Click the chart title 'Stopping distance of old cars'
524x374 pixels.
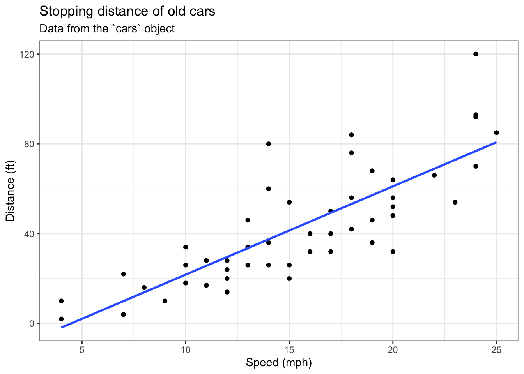(127, 11)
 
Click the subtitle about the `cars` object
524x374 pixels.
(107, 29)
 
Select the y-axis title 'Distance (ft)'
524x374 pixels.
(10, 191)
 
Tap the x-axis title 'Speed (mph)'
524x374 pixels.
(279, 363)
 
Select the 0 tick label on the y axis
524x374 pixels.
(32, 323)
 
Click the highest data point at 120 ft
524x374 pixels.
(476, 54)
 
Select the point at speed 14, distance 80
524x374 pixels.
(268, 144)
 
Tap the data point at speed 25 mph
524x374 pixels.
(496, 132)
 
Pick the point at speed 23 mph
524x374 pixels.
(455, 202)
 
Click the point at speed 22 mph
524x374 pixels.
(434, 175)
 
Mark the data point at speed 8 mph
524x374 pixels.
(144, 288)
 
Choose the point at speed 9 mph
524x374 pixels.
(165, 301)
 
